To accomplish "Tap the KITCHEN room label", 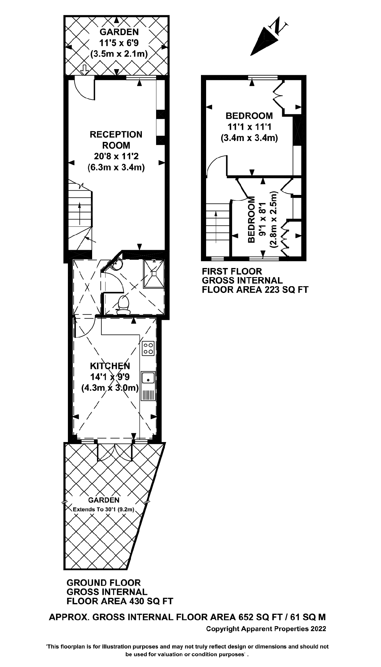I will point(110,366).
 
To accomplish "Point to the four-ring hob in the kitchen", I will point(148,348).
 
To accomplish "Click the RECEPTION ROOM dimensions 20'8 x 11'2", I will point(116,156).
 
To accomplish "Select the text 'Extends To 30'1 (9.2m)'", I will point(103,509).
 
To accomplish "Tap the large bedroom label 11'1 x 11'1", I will point(249,127).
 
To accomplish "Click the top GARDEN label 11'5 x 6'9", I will point(119,43).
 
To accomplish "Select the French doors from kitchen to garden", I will point(115,453).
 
